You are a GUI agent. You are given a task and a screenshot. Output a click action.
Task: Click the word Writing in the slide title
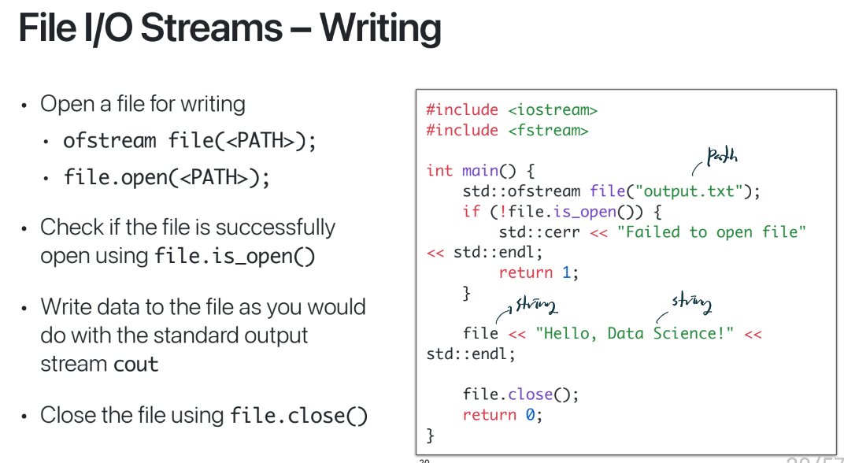(380, 29)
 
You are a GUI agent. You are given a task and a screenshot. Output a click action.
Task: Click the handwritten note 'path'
(721, 157)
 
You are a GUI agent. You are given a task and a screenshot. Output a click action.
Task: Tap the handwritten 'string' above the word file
(535, 304)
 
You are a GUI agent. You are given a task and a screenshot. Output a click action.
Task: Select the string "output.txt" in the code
(689, 191)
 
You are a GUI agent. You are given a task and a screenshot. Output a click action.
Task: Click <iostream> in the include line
(553, 109)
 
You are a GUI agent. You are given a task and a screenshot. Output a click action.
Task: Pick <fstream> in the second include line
(548, 130)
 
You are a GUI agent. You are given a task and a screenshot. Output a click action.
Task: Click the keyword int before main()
(439, 171)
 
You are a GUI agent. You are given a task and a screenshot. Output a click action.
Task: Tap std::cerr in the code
(539, 232)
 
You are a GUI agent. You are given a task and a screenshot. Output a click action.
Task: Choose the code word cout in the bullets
(136, 365)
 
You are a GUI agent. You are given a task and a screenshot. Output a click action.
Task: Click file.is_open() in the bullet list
(234, 257)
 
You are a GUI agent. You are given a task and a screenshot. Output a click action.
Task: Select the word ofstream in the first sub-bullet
(109, 141)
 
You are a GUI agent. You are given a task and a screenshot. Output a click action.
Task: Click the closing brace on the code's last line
(430, 435)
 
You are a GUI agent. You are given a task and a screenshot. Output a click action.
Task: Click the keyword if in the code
(471, 212)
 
